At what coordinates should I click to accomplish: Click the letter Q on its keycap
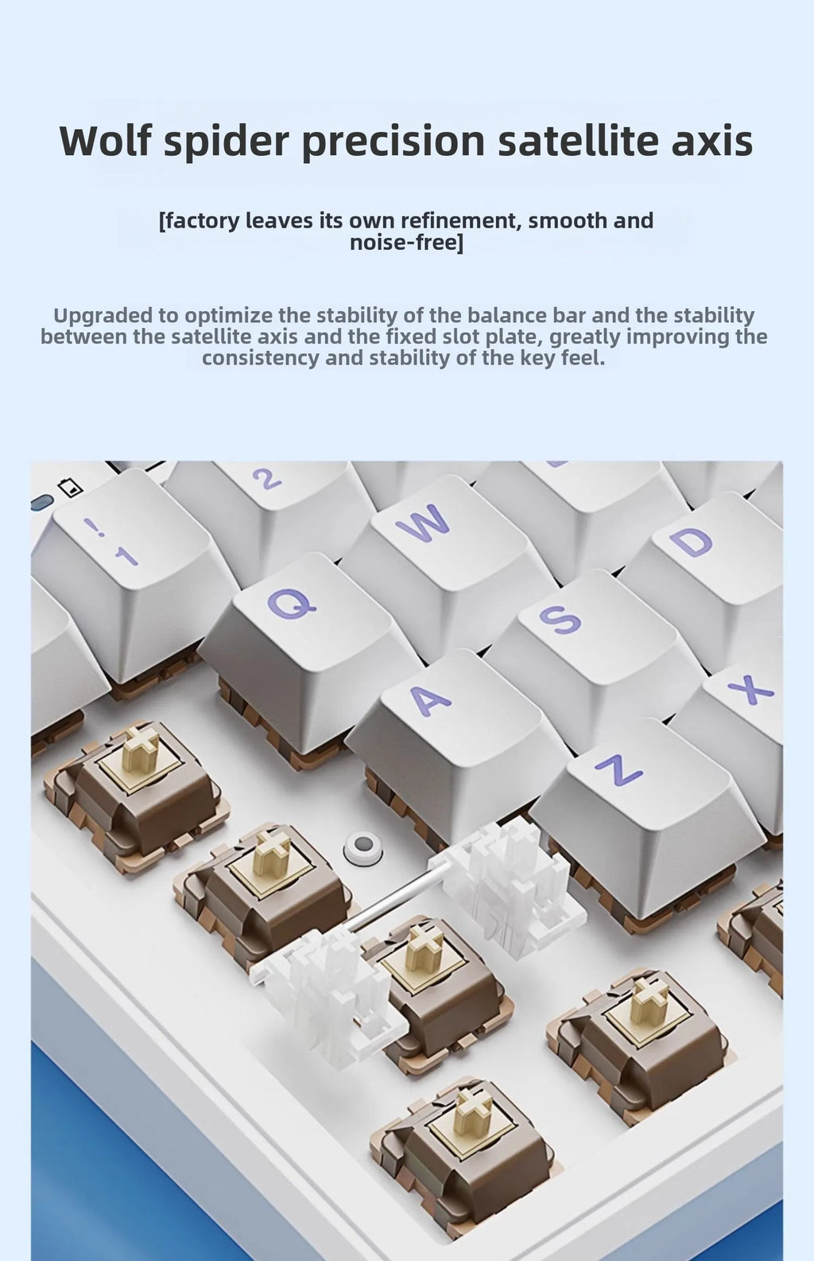292,602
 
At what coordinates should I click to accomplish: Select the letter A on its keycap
430,700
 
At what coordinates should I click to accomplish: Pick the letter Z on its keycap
618,769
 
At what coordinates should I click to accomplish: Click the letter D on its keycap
691,542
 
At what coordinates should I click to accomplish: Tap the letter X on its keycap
751,690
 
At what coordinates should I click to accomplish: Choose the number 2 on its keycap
267,479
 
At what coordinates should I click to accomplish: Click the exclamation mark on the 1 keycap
93,526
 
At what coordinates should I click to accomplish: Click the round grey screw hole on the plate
362,849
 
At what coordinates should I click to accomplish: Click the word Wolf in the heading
105,141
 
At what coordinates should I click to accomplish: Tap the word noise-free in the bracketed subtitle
405,243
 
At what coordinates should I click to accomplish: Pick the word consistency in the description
260,358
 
